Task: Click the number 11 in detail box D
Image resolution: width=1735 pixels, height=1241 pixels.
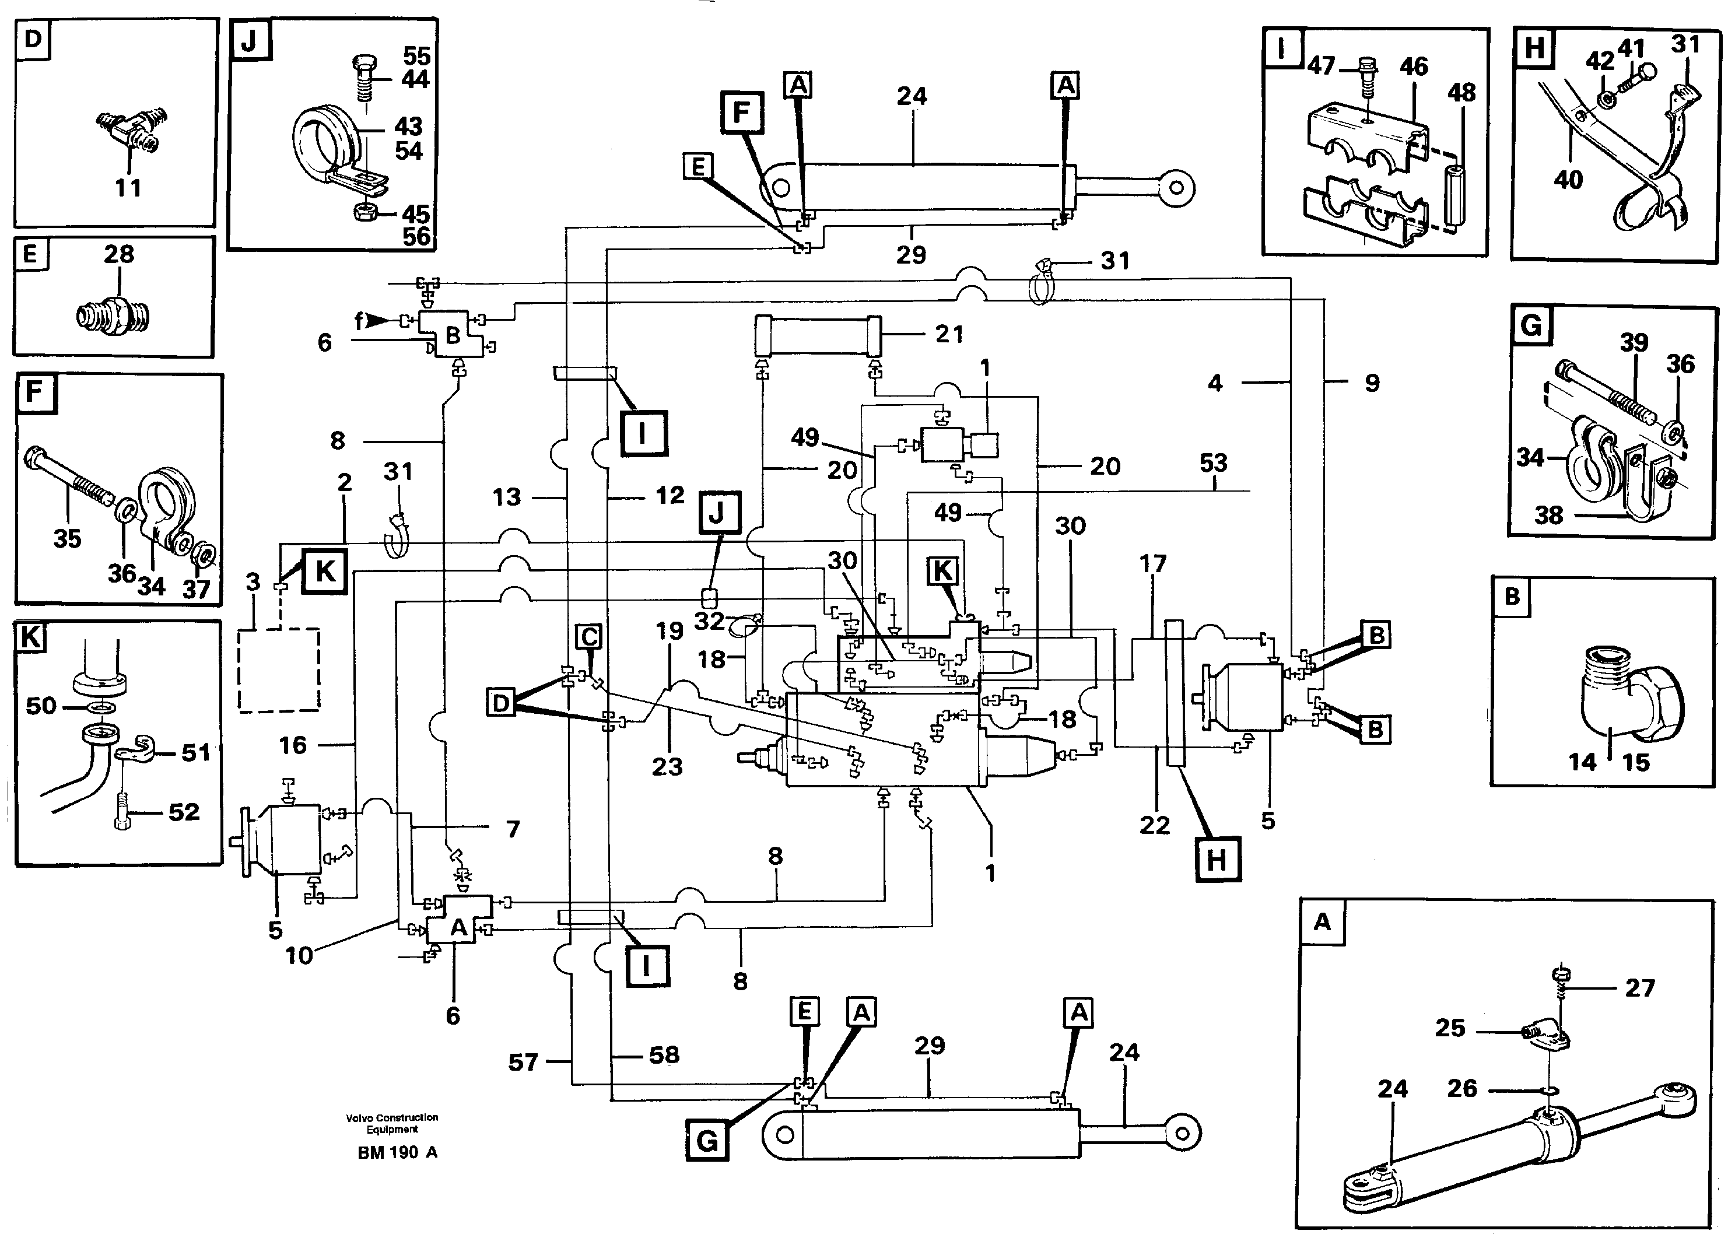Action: tap(128, 187)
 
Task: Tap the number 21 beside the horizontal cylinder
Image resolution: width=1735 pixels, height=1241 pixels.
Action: tap(949, 334)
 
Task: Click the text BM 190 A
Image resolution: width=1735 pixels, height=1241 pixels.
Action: tap(397, 1153)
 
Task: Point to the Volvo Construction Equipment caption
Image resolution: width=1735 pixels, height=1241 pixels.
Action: tap(392, 1123)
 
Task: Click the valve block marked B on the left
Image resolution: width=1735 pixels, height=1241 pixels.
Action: tap(453, 334)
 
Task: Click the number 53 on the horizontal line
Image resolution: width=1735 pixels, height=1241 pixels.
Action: tap(1213, 463)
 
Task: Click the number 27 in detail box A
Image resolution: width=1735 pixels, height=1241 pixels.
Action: tap(1639, 987)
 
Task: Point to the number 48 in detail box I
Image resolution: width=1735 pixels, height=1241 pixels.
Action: tap(1461, 93)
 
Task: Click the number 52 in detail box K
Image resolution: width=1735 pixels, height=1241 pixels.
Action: tap(183, 812)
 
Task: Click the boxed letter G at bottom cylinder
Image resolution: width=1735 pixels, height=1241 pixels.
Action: tap(707, 1142)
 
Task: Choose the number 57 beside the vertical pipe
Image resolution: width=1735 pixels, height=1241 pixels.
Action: tap(523, 1061)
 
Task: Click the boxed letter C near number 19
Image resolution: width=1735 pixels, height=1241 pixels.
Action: tap(588, 637)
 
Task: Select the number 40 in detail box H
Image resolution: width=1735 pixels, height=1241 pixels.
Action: tap(1568, 180)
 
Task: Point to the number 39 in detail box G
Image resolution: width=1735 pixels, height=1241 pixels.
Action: tap(1634, 342)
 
